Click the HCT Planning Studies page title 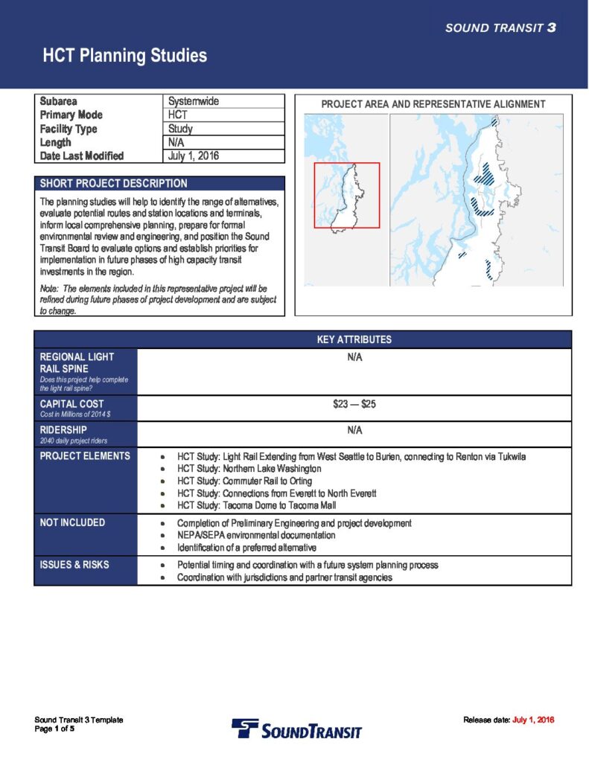pyautogui.click(x=124, y=56)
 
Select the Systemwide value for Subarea pyautogui.click(x=194, y=101)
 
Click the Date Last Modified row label pyautogui.click(x=82, y=156)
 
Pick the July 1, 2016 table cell pyautogui.click(x=194, y=156)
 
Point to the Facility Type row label pyautogui.click(x=69, y=129)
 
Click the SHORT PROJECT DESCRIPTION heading pyautogui.click(x=113, y=183)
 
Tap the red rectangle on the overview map pyautogui.click(x=346, y=195)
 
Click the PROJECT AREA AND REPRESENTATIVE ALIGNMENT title pyautogui.click(x=433, y=105)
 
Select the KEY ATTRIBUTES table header pyautogui.click(x=354, y=339)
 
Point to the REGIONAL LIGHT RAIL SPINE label pyautogui.click(x=77, y=362)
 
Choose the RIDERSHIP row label pyautogui.click(x=63, y=430)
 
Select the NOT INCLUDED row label pyautogui.click(x=72, y=523)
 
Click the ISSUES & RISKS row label pyautogui.click(x=74, y=565)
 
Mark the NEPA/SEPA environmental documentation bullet pyautogui.click(x=256, y=535)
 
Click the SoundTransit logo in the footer pyautogui.click(x=296, y=729)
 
